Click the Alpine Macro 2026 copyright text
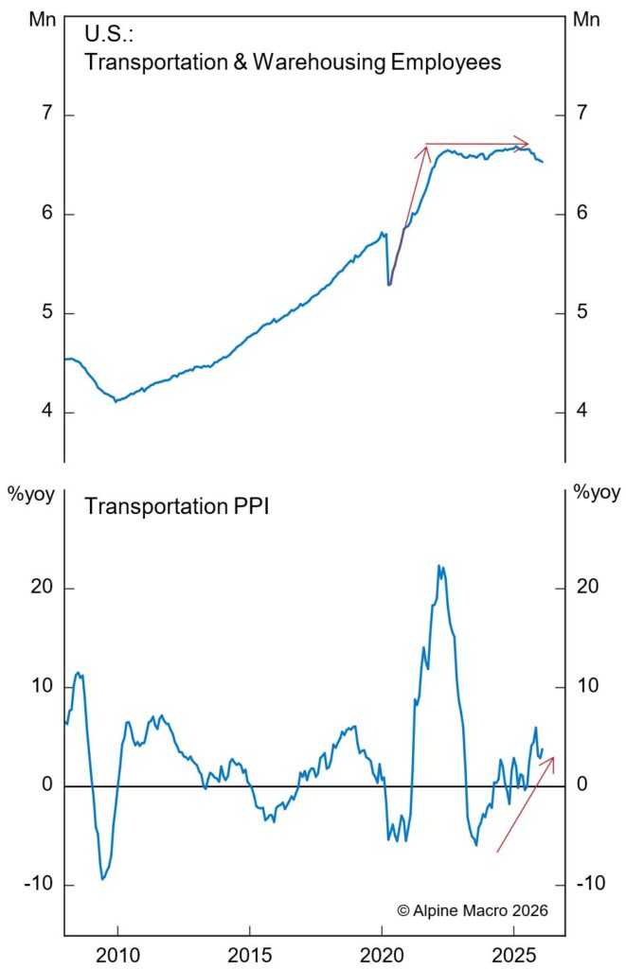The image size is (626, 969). (472, 909)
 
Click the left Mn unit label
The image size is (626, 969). (42, 18)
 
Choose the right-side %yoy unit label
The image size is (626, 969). (598, 491)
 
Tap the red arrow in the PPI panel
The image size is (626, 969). (526, 803)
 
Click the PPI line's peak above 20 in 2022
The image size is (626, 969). (438, 565)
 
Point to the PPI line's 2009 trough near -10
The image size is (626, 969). (102, 879)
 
